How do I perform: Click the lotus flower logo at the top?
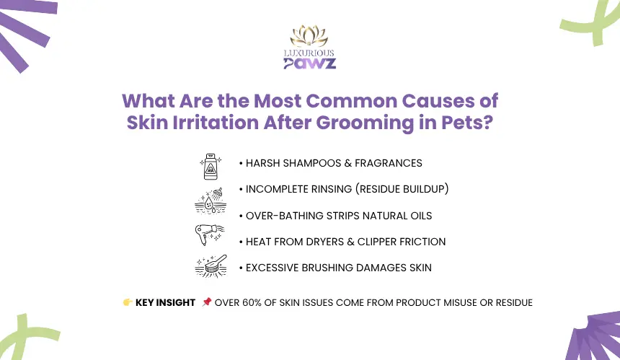click(309, 35)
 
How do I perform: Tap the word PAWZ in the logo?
click(309, 63)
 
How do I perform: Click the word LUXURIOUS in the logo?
click(309, 53)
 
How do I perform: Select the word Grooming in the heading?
click(365, 123)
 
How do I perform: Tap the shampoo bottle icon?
click(211, 167)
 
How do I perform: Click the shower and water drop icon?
click(211, 201)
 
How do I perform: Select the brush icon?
click(211, 265)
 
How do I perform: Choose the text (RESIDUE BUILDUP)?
click(402, 189)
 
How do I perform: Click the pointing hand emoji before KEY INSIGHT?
click(128, 302)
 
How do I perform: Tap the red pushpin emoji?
click(206, 302)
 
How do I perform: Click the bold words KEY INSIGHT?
click(165, 302)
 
